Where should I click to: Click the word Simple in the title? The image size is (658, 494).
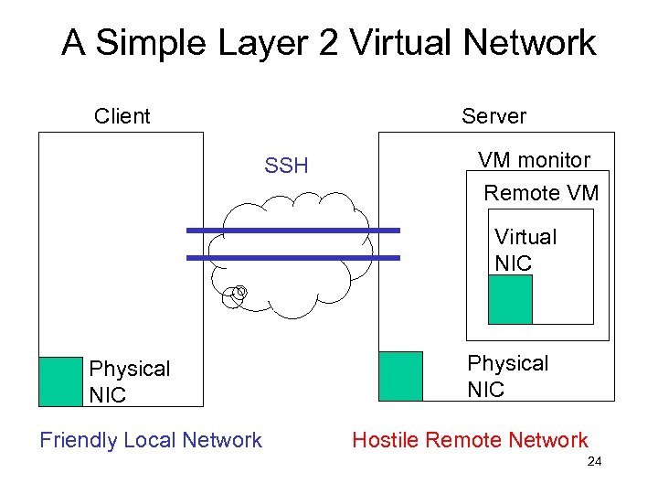(x=153, y=43)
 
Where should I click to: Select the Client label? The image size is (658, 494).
(x=122, y=116)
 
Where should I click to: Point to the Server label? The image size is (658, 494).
(x=493, y=116)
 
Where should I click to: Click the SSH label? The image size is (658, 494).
(x=286, y=166)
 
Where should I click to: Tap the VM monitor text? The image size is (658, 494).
(x=534, y=160)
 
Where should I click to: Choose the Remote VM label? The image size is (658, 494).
(x=541, y=193)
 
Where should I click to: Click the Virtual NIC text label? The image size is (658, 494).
(x=525, y=250)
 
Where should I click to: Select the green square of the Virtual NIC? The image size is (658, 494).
(x=510, y=299)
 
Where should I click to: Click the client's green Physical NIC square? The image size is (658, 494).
(x=60, y=381)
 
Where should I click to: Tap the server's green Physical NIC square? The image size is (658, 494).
(x=400, y=375)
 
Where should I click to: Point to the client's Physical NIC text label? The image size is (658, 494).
(x=129, y=381)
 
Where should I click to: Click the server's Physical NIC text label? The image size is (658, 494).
(x=507, y=376)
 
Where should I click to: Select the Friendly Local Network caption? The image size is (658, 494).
(x=151, y=440)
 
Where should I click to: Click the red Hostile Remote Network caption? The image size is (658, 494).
(x=470, y=440)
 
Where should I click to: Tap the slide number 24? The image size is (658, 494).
(x=594, y=462)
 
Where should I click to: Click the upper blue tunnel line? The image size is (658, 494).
(x=292, y=231)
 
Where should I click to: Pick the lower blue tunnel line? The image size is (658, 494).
(x=292, y=258)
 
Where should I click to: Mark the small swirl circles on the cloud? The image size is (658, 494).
(x=237, y=295)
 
